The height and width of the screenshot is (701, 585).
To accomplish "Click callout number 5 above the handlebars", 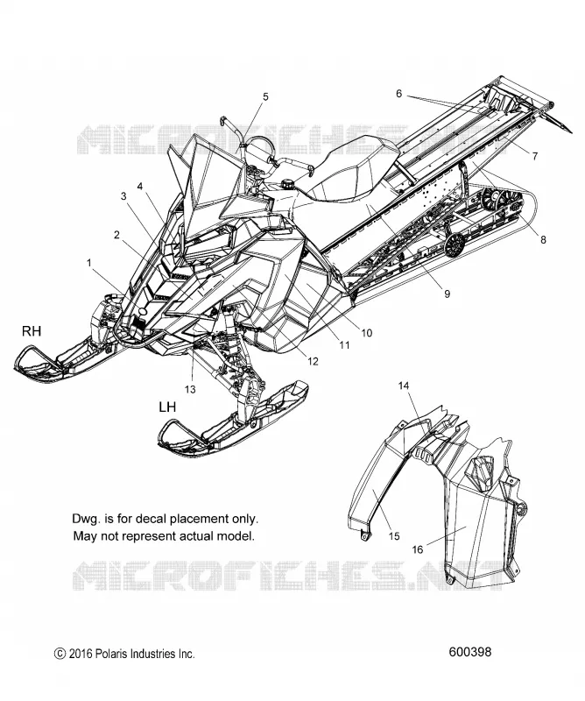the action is tap(265, 96).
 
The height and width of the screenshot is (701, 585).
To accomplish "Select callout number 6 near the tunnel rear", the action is tap(398, 94).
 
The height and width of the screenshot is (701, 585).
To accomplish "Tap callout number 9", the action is tap(447, 294).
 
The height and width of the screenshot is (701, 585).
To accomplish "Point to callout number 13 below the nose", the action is tap(190, 389).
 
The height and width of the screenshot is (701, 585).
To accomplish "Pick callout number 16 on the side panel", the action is tap(417, 549).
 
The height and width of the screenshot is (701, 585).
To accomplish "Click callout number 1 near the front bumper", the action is tap(89, 262).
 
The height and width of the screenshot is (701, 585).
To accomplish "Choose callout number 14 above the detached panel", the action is tap(404, 386).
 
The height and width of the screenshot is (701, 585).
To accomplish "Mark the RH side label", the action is tap(32, 331).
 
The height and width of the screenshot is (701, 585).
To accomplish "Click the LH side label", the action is tap(167, 407).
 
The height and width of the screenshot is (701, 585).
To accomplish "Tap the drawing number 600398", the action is tap(469, 652).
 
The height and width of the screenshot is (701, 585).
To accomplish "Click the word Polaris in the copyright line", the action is tap(110, 654).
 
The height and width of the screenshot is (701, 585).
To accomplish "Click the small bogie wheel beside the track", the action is tap(455, 245).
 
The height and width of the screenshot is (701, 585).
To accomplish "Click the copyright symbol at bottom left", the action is tap(60, 654).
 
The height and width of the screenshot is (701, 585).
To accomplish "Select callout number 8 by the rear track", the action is tap(543, 239).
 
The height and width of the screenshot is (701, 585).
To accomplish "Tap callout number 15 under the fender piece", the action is tap(394, 535).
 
